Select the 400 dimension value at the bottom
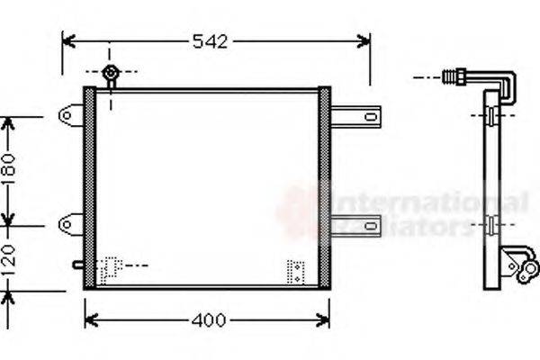tap(208, 320)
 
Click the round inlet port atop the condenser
tap(110, 73)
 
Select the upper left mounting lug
tap(70, 115)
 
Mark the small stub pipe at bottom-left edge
tap(78, 265)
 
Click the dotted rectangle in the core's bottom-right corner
tap(296, 271)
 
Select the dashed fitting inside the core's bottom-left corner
tap(111, 268)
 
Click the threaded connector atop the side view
tap(454, 77)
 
